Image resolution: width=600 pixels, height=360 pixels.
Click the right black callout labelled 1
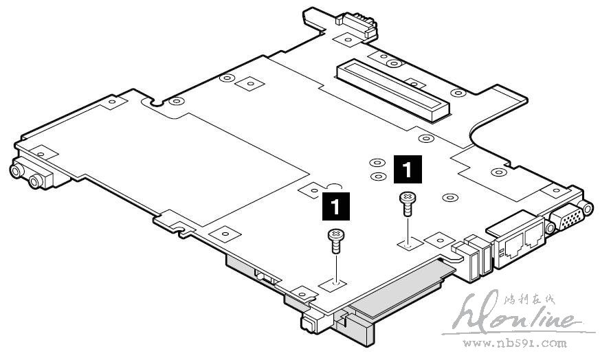click(406, 167)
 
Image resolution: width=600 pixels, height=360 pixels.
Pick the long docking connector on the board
click(392, 87)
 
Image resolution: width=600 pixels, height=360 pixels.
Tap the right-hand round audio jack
click(34, 181)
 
